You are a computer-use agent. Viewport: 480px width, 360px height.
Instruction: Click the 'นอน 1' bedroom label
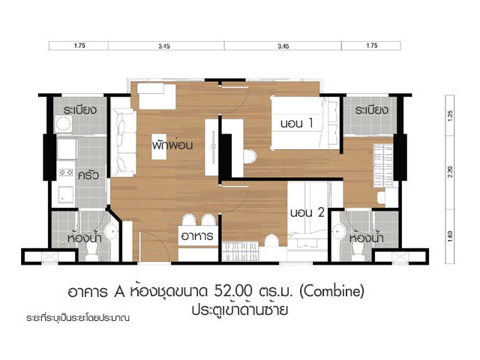(297, 123)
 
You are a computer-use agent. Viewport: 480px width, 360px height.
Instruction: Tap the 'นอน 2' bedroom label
(307, 212)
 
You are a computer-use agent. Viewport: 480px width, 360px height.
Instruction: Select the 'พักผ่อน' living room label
(172, 144)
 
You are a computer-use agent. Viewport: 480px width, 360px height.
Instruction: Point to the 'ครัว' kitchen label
(88, 175)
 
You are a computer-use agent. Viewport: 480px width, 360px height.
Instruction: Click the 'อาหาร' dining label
(197, 235)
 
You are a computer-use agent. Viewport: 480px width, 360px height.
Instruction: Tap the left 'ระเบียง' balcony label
(80, 109)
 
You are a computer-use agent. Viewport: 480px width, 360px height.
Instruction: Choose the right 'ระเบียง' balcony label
(371, 109)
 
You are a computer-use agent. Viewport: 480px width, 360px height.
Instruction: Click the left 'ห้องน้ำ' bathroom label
(84, 237)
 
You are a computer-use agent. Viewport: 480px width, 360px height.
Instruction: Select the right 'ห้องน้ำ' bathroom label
(366, 237)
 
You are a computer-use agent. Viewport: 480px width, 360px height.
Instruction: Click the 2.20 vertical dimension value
(450, 172)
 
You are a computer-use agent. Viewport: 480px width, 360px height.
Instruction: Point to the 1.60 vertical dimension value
(450, 237)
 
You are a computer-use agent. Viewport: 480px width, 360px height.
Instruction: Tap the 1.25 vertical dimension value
(450, 116)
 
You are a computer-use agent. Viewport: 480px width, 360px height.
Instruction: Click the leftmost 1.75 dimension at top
(79, 46)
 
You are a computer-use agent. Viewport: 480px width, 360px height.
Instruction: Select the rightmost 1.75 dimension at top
(372, 46)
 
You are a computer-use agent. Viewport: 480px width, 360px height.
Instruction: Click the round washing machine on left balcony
(63, 124)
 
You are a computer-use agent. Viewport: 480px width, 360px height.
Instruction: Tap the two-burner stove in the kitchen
(66, 172)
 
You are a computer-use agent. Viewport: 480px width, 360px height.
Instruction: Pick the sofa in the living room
(123, 143)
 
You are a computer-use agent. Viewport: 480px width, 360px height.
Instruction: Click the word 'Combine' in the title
(331, 291)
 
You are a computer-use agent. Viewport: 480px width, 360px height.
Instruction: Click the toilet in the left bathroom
(91, 253)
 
